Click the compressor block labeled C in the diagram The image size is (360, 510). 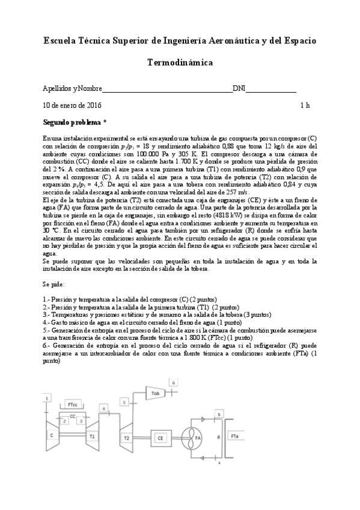(52, 434)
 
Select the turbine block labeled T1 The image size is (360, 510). (92, 435)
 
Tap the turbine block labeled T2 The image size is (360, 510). (127, 437)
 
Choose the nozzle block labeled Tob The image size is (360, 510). (155, 393)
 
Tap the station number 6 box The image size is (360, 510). (174, 382)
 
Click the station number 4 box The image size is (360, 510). (104, 409)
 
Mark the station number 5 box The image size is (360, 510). (125, 402)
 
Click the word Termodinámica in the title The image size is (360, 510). (180, 62)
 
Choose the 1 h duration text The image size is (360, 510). (305, 105)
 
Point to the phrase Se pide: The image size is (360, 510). (54, 283)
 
